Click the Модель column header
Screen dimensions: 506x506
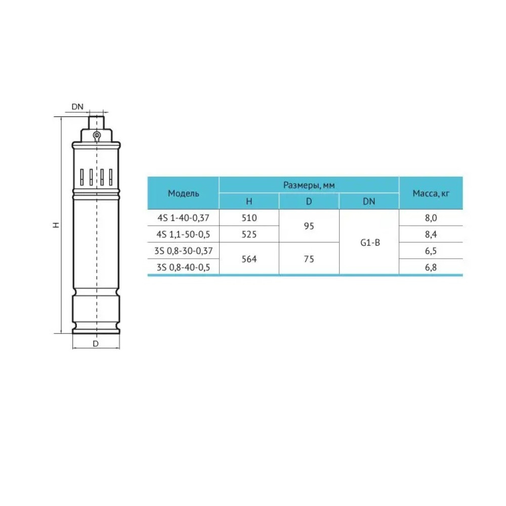click(183, 193)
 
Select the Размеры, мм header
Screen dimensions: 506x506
click(309, 185)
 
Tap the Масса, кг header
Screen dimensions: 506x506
click(431, 193)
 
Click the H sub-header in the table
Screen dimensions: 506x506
click(249, 202)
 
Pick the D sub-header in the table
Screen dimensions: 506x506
click(309, 202)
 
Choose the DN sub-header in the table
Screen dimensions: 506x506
click(369, 202)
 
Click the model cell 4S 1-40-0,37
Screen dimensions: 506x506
click(183, 218)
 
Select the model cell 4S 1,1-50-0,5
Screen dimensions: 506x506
click(183, 234)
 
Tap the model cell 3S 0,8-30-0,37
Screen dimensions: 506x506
click(183, 251)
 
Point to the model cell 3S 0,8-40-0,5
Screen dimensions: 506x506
click(183, 267)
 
